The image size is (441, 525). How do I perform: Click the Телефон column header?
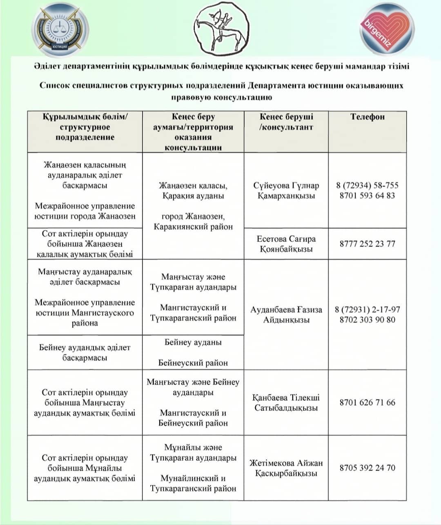pyautogui.click(x=367, y=117)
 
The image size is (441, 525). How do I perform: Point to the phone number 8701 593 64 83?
pyautogui.click(x=367, y=196)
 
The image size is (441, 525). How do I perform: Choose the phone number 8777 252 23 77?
pyautogui.click(x=367, y=244)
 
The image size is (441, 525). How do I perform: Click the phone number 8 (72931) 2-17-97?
pyautogui.click(x=367, y=309)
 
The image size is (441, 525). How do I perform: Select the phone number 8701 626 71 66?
pyautogui.click(x=367, y=403)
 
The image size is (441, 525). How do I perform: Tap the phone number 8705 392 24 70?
pyautogui.click(x=367, y=468)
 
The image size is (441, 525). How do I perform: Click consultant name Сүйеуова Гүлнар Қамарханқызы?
pyautogui.click(x=286, y=190)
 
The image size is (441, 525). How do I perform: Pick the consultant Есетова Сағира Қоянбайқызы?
pyautogui.click(x=286, y=244)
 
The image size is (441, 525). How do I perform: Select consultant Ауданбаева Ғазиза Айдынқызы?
pyautogui.click(x=286, y=315)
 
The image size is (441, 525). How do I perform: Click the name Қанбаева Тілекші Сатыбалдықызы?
pyautogui.click(x=286, y=403)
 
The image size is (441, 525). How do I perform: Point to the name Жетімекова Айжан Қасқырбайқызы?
pyautogui.click(x=286, y=468)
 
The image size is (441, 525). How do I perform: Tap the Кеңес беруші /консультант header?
pyautogui.click(x=286, y=122)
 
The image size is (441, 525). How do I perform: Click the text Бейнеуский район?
pyautogui.click(x=193, y=363)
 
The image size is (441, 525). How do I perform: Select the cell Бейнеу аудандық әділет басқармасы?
pyautogui.click(x=85, y=353)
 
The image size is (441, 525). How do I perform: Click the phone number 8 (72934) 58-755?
pyautogui.click(x=367, y=185)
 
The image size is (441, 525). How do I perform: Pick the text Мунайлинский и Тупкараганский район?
pyautogui.click(x=193, y=483)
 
